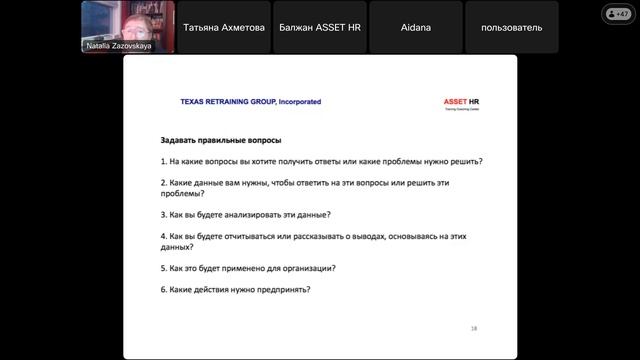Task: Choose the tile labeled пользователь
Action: pyautogui.click(x=512, y=28)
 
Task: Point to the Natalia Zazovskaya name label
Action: pyautogui.click(x=118, y=46)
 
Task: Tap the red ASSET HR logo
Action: pyautogui.click(x=462, y=102)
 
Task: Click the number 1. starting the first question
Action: pyautogui.click(x=164, y=161)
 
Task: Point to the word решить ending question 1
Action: pyautogui.click(x=473, y=161)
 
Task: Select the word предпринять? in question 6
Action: pyautogui.click(x=281, y=290)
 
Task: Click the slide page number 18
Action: pyautogui.click(x=474, y=328)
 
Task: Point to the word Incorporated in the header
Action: pyautogui.click(x=297, y=102)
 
